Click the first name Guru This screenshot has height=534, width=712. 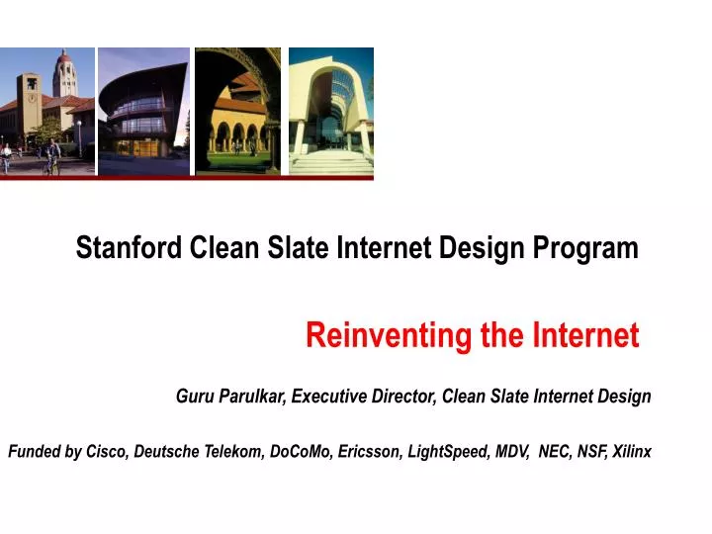194,397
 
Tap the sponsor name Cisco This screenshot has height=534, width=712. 106,452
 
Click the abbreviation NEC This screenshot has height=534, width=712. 556,452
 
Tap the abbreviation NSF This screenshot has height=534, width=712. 592,452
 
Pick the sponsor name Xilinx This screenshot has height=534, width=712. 633,452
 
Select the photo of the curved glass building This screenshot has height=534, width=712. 143,111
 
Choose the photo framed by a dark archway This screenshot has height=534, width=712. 238,111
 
